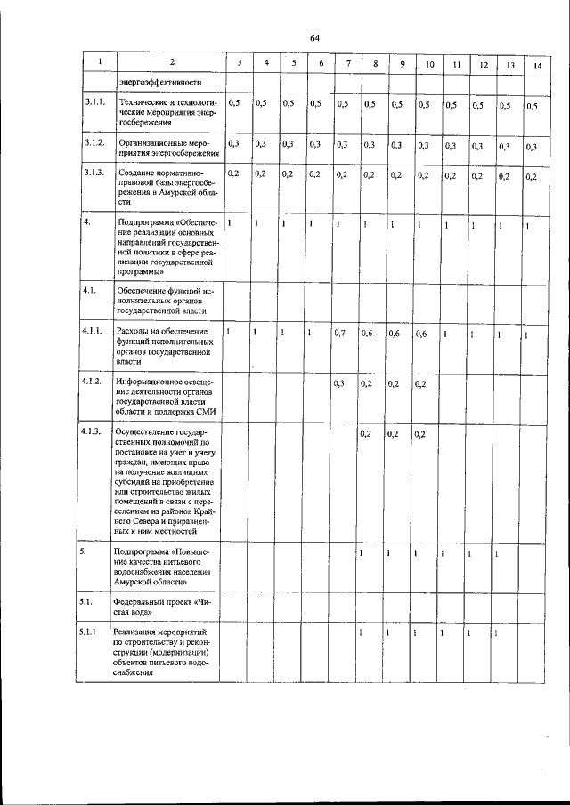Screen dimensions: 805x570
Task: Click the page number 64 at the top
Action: [x=314, y=37]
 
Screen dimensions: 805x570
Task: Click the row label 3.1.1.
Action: [x=94, y=104]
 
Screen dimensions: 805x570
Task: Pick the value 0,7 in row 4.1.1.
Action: [x=338, y=333]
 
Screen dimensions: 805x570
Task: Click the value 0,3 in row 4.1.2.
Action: [x=338, y=383]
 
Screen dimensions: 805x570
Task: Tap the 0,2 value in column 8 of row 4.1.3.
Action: [x=365, y=434]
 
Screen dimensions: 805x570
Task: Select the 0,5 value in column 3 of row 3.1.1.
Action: [x=234, y=104]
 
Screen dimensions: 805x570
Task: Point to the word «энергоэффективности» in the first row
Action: [x=156, y=85]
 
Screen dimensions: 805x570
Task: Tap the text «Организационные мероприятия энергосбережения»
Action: [x=166, y=146]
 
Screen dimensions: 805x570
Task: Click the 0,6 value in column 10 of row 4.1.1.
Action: [x=421, y=334]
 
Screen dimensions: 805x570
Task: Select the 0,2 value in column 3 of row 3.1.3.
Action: [x=234, y=173]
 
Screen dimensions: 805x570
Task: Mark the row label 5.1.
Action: [x=87, y=602]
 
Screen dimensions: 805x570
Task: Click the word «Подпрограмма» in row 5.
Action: [x=144, y=552]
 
